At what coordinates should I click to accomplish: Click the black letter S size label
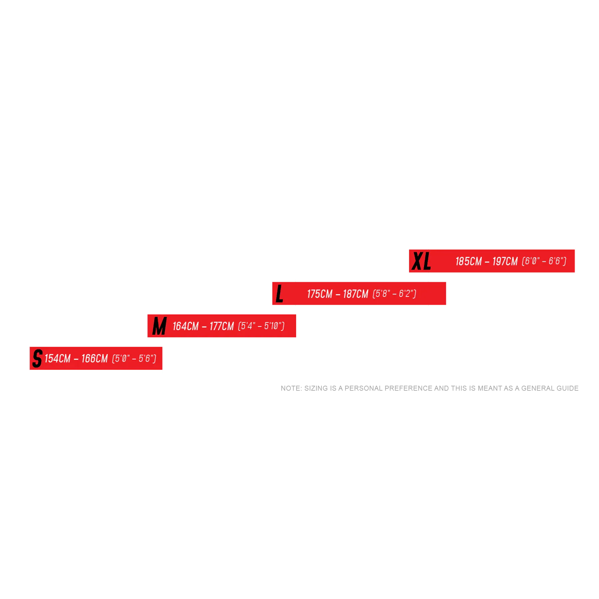[37, 358]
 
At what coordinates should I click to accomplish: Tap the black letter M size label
[159, 326]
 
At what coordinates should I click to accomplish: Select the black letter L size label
[280, 294]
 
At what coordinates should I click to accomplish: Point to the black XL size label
[421, 261]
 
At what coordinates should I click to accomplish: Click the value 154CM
[58, 358]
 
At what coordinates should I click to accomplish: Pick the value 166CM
[95, 358]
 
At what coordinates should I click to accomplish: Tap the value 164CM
[185, 326]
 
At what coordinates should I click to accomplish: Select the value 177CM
[222, 326]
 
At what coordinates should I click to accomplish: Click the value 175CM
[319, 294]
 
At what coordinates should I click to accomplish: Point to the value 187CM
[355, 294]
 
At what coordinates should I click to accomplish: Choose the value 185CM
[469, 261]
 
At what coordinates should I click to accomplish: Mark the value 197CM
[505, 261]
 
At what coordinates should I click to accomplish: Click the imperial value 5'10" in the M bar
[274, 326]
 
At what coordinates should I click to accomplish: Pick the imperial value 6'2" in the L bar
[406, 294]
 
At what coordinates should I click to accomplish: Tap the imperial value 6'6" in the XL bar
[556, 261]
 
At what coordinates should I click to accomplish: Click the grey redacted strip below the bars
[430, 387]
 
